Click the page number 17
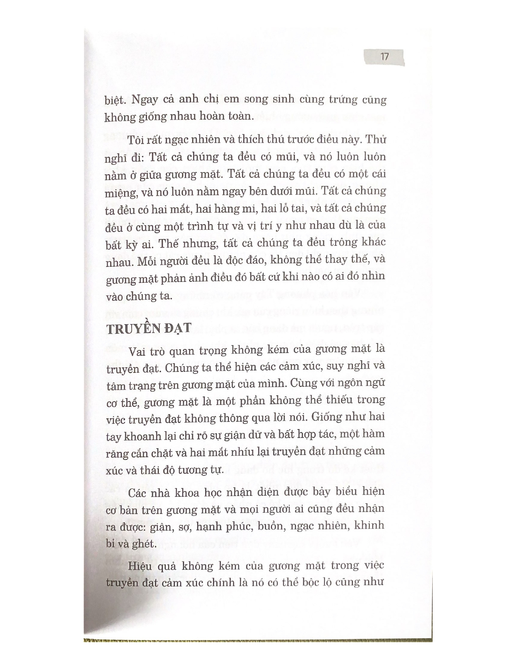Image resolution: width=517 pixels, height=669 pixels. (384, 56)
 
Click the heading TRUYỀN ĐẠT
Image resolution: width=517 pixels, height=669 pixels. (148, 328)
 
